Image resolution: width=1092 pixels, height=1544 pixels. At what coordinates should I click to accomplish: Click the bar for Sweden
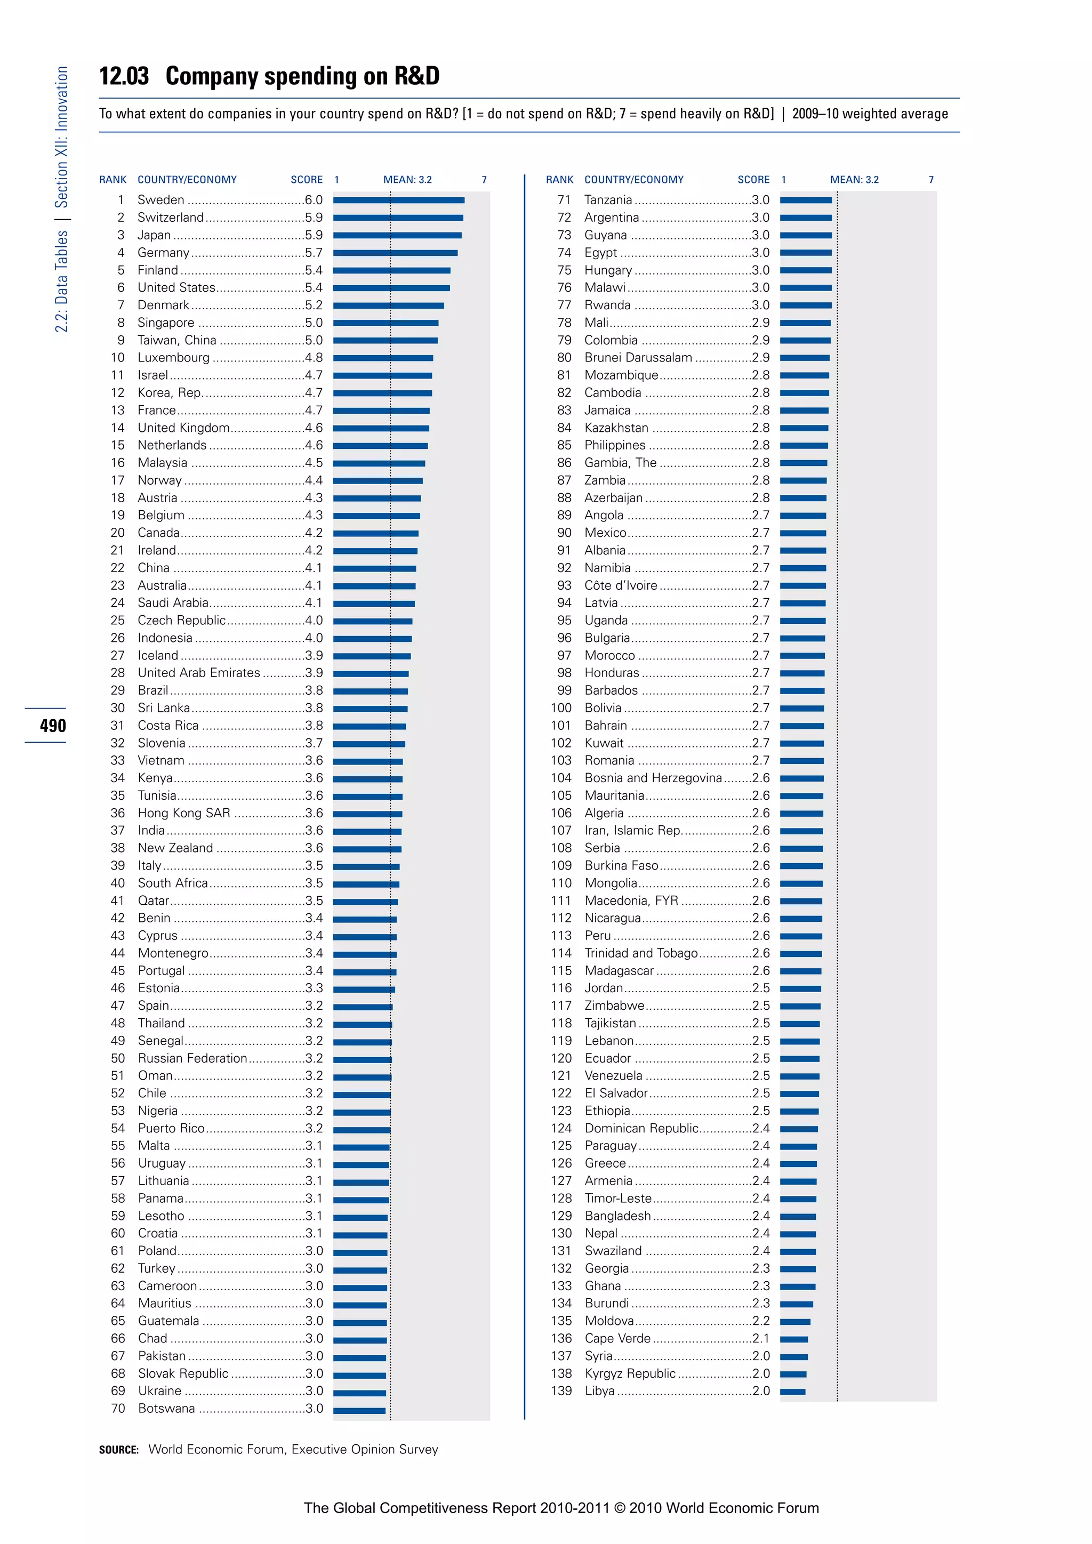tap(399, 200)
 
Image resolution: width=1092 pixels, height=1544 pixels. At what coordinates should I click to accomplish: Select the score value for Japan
tap(314, 235)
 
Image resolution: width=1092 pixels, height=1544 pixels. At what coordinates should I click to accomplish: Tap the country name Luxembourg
tap(173, 358)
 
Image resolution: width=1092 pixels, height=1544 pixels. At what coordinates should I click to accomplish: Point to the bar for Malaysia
tap(379, 463)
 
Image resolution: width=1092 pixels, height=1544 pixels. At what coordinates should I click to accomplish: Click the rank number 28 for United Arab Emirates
tap(118, 673)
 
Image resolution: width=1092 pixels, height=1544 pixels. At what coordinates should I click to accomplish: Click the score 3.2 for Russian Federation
tap(314, 1058)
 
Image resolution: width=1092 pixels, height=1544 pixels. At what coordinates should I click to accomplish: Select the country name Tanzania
tap(608, 200)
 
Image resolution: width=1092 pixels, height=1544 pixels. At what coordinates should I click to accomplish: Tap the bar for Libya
tap(793, 1392)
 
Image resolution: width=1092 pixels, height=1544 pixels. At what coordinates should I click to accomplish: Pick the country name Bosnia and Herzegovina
tap(653, 778)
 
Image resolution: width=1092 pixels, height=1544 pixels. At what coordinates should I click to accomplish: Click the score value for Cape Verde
tap(760, 1339)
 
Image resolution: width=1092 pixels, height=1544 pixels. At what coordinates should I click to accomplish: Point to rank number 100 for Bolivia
tap(561, 708)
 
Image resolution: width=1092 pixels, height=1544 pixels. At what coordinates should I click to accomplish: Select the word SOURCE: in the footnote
tap(118, 1450)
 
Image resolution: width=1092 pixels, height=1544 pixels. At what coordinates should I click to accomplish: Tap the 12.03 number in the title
tap(124, 76)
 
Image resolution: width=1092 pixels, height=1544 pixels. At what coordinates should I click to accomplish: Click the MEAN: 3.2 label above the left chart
tap(407, 180)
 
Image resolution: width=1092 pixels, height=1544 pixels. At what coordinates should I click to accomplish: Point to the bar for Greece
tap(798, 1164)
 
